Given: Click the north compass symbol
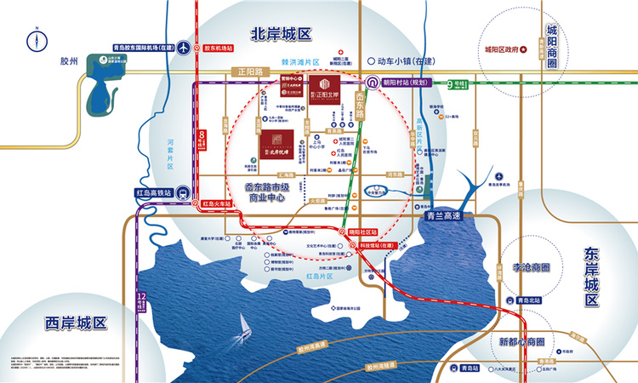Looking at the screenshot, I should [37, 40].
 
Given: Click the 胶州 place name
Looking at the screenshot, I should [69, 61].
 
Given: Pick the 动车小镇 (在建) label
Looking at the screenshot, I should [407, 61].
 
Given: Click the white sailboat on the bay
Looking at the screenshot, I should [244, 324].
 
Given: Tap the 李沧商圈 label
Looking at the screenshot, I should [530, 268].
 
